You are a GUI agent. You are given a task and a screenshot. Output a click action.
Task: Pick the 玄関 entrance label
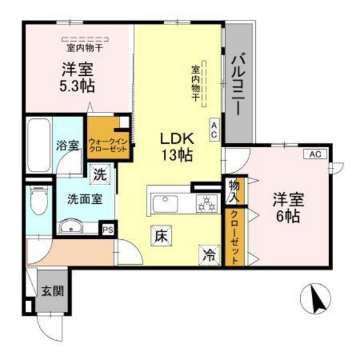pyautogui.click(x=52, y=291)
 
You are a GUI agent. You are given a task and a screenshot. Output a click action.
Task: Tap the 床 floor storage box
pyautogui.click(x=161, y=237)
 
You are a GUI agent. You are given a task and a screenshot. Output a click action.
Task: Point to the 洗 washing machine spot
pyautogui.click(x=100, y=173)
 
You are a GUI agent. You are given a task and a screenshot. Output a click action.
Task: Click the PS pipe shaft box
pyautogui.click(x=107, y=228)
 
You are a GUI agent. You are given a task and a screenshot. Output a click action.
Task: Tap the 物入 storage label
pyautogui.click(x=234, y=190)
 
